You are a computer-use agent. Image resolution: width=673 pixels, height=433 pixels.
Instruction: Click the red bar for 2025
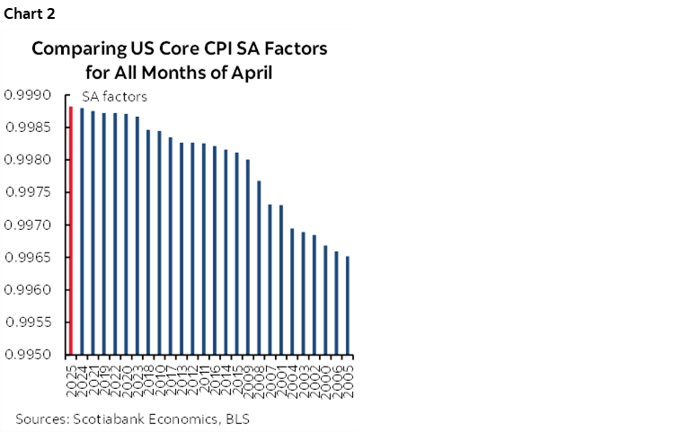pyautogui.click(x=70, y=231)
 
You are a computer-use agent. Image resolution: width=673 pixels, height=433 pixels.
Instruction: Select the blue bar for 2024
pyautogui.click(x=82, y=232)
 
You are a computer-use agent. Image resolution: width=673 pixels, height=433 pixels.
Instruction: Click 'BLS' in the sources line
pyautogui.click(x=237, y=419)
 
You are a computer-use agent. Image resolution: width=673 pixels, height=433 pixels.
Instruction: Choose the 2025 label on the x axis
pyautogui.click(x=71, y=375)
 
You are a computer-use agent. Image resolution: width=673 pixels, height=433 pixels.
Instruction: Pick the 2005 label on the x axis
pyautogui.click(x=349, y=375)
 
